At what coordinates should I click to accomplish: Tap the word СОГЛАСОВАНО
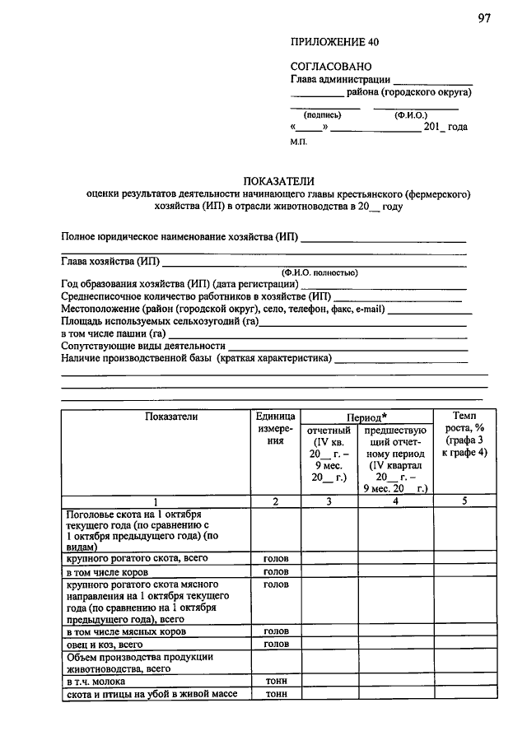[331, 66]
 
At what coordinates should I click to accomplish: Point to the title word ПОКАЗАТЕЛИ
[279, 181]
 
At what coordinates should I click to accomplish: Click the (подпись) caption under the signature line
[323, 116]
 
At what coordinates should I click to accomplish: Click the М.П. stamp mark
[298, 142]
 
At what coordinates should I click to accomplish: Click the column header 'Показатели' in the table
[171, 417]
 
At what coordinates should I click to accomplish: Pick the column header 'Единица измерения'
[275, 428]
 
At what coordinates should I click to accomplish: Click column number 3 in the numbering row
[329, 501]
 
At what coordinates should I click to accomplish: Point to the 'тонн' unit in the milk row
[275, 682]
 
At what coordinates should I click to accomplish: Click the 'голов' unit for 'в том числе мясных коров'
[275, 631]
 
